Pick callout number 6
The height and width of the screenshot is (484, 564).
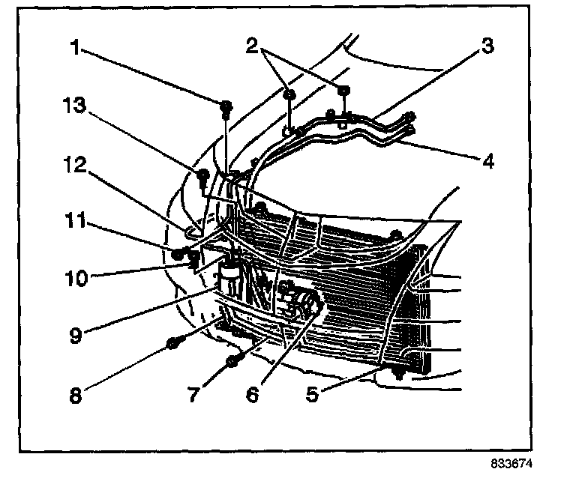pyautogui.click(x=251, y=393)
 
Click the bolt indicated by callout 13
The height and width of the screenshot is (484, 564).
pyautogui.click(x=202, y=178)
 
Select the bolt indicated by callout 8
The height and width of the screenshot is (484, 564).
pyautogui.click(x=172, y=344)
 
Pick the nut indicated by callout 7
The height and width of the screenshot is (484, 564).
pyautogui.click(x=232, y=362)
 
